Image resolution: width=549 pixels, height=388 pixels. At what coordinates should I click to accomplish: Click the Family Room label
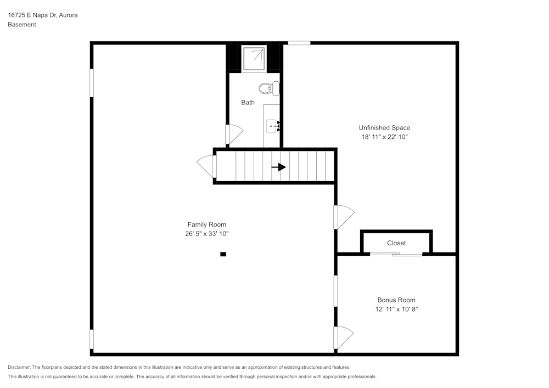pos(206,224)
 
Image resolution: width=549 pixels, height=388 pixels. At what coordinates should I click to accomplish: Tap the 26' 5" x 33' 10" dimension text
pos(206,234)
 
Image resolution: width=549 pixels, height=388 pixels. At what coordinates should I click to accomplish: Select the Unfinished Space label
pos(384,128)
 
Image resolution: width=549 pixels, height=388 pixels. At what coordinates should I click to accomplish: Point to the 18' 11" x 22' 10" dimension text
pos(384,137)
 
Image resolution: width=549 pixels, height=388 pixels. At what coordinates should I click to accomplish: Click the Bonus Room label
pos(396,300)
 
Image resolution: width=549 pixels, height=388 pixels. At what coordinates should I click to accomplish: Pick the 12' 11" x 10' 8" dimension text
pos(396,310)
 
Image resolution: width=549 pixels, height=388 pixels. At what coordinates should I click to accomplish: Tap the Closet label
pos(396,243)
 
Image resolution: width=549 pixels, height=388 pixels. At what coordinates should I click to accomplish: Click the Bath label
pos(248,103)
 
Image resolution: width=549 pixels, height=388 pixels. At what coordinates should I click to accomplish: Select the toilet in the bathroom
pos(269,88)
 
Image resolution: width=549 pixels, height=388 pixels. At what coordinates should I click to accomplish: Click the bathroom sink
pos(273,126)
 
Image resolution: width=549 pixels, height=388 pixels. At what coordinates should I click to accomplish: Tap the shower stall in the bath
pos(254,58)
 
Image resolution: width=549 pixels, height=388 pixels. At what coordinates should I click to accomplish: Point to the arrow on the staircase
pos(279,167)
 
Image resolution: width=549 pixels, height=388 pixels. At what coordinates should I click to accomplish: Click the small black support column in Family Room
pos(223,254)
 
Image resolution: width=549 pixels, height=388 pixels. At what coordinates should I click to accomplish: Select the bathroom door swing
pos(233,134)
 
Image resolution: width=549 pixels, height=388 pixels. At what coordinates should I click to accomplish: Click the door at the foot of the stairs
pos(207,166)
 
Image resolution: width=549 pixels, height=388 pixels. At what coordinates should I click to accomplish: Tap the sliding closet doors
pos(396,254)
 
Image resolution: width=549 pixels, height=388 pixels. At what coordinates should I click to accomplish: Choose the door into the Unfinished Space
pos(344,217)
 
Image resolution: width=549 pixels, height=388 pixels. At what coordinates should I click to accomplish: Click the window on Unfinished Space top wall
pos(299,43)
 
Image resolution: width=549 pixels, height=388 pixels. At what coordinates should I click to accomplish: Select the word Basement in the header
pos(22,25)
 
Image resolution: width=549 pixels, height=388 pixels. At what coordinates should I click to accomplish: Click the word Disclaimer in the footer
pos(19,367)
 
